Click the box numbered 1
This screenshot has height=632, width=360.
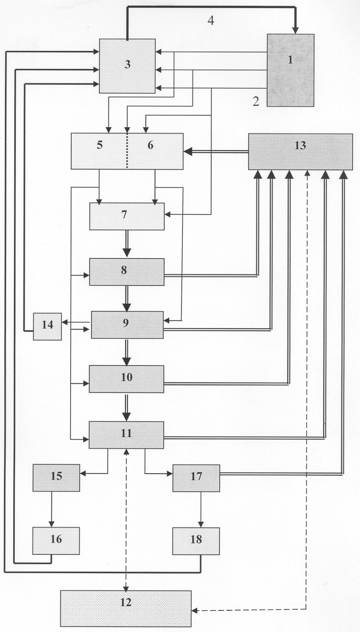pyautogui.click(x=290, y=70)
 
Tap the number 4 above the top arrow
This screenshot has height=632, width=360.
pyautogui.click(x=211, y=21)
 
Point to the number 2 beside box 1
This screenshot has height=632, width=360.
pyautogui.click(x=256, y=101)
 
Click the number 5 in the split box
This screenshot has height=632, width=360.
pyautogui.click(x=100, y=146)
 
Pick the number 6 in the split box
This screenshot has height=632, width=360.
pyautogui.click(x=150, y=146)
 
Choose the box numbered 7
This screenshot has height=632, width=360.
pyautogui.click(x=127, y=216)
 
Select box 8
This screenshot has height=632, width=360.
pyautogui.click(x=127, y=271)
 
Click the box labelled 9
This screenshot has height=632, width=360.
pyautogui.click(x=127, y=324)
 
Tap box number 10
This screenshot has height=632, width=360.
pyautogui.click(x=127, y=379)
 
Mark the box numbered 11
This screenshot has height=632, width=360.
pyautogui.click(x=126, y=435)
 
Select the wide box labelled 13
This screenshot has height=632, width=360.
pyautogui.click(x=300, y=152)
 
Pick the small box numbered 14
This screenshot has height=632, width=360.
pyautogui.click(x=47, y=326)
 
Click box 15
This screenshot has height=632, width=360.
pyautogui.click(x=56, y=477)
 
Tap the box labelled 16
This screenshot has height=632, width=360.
pyautogui.click(x=56, y=541)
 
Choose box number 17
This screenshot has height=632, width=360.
pyautogui.click(x=196, y=478)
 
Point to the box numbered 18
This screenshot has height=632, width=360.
pyautogui.click(x=196, y=541)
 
